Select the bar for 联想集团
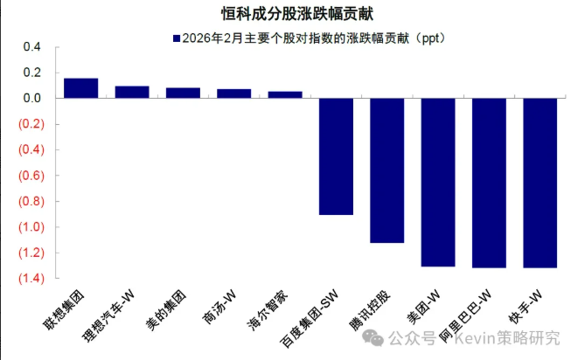coord(81,88)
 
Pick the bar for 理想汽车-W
coord(132,92)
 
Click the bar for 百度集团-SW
coord(336,156)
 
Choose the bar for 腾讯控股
coord(387,170)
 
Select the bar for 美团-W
coord(438,182)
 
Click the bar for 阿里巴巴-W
coord(489,183)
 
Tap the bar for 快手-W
coord(540,183)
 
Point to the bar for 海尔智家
coord(285,94)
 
